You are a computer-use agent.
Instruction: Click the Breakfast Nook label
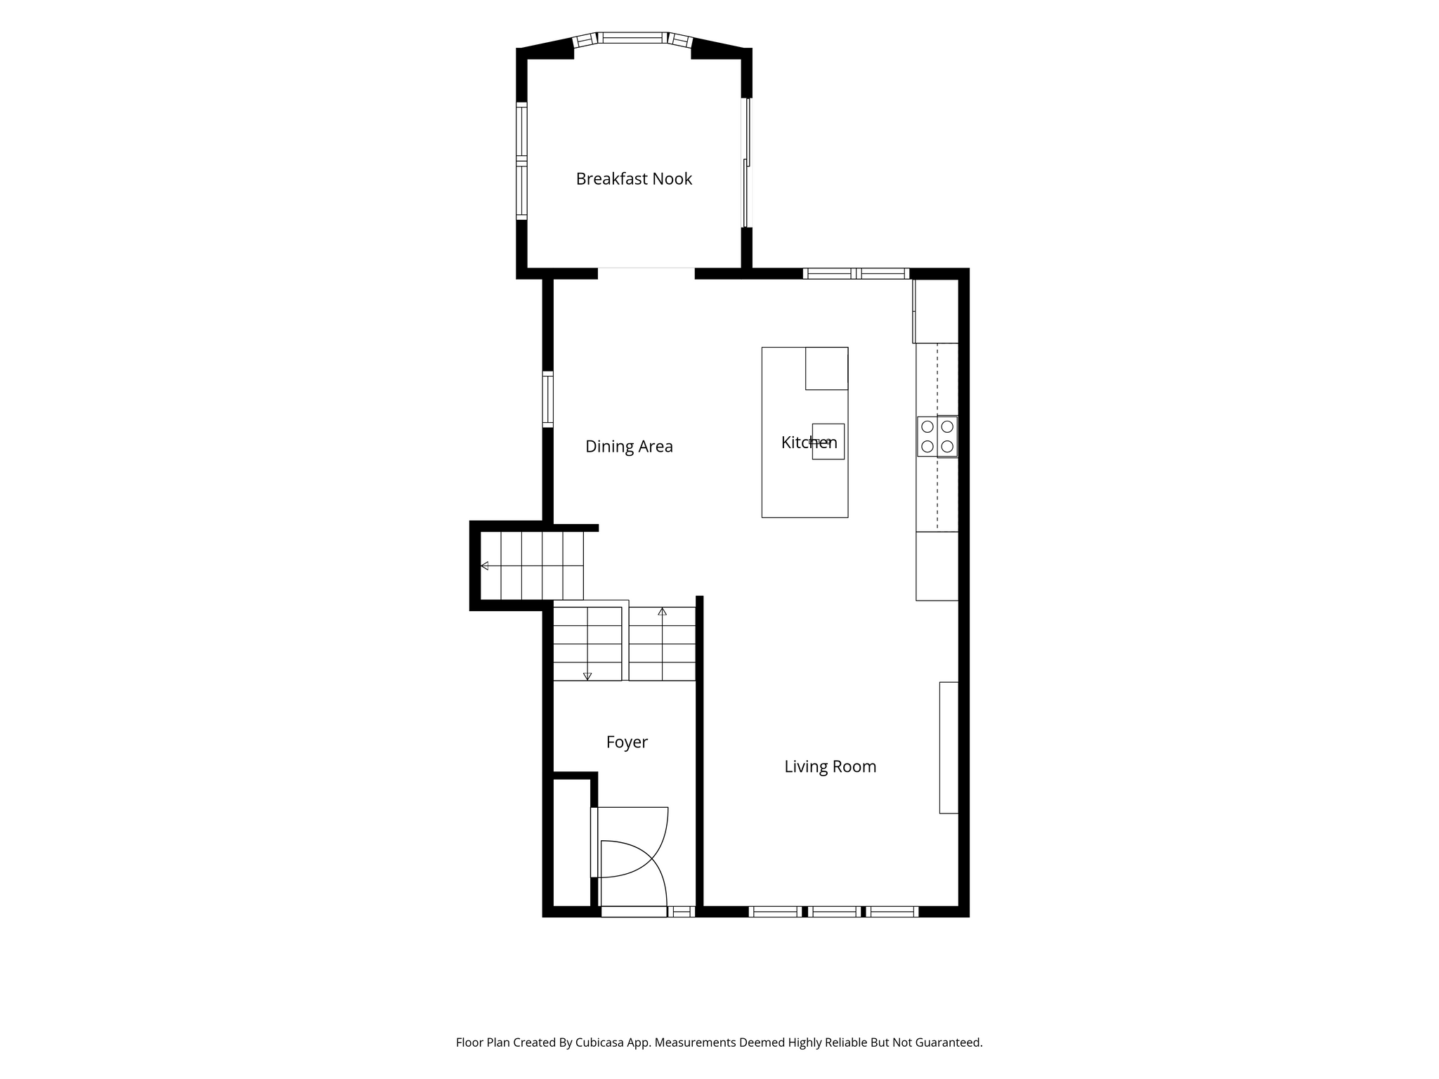634,179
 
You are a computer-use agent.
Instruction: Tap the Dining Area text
629,447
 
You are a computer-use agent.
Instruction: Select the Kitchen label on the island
809,443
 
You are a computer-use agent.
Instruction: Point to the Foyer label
627,743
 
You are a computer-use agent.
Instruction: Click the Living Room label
831,766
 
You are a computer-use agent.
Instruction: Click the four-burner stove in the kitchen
937,436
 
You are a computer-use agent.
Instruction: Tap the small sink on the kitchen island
828,441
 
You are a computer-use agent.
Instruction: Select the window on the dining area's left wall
548,399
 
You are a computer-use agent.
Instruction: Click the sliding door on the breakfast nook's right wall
748,162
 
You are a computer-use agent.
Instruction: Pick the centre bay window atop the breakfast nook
632,38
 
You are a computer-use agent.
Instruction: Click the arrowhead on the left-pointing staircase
484,565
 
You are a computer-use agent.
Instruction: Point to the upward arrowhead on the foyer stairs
662,611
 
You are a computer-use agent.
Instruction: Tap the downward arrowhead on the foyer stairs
587,676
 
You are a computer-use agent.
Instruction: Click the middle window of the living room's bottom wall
833,912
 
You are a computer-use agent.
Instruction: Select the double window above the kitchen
856,274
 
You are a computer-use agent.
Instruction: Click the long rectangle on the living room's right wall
949,747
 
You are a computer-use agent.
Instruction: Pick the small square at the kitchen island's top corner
826,368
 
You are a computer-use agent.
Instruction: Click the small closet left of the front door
571,842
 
